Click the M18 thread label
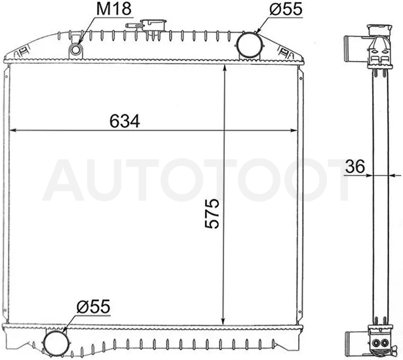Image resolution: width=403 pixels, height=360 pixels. [x=114, y=9]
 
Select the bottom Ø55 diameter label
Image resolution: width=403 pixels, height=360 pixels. [x=93, y=306]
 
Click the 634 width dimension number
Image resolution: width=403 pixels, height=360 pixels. [x=125, y=121]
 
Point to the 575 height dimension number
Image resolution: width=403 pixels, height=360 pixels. [x=212, y=213]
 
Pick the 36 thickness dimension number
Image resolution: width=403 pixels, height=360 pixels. [x=355, y=166]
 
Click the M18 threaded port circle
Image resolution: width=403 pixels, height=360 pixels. [x=75, y=49]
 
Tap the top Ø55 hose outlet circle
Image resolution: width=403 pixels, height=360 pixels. [x=249, y=45]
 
